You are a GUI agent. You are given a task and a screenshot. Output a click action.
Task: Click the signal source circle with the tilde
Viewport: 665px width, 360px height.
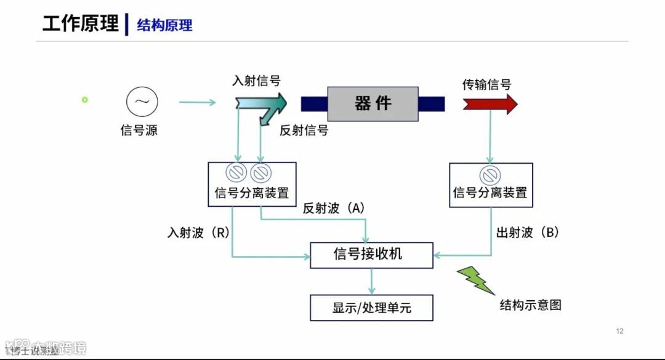[x=142, y=102]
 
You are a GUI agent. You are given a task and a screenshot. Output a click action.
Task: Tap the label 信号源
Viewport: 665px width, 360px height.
[x=139, y=130]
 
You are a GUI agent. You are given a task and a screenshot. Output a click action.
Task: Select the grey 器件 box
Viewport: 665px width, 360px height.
[x=373, y=103]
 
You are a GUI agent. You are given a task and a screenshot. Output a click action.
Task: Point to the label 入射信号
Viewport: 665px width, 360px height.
[x=256, y=81]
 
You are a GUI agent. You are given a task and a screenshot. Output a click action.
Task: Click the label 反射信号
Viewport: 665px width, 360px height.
[x=304, y=130]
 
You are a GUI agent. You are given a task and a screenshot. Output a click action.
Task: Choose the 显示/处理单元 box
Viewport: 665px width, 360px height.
[x=371, y=308]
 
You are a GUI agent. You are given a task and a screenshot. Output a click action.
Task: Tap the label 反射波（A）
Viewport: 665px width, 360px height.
[x=334, y=209]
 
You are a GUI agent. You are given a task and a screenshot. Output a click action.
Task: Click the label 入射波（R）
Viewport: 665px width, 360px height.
[x=198, y=233]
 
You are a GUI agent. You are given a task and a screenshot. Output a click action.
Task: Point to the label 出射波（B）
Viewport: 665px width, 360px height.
[x=528, y=233]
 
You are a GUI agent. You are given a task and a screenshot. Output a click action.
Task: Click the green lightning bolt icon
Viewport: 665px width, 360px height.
[x=475, y=280]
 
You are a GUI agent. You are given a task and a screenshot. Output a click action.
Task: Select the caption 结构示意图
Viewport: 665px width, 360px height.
[x=530, y=305]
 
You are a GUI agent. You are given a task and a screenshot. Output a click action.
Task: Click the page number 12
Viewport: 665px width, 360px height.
[x=619, y=331]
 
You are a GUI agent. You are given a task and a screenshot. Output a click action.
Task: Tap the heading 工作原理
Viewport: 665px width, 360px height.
[x=80, y=24]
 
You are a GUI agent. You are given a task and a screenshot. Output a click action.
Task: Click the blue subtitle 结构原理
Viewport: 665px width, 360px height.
[x=164, y=25]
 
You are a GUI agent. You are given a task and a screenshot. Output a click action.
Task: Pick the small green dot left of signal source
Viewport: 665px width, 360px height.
[x=85, y=100]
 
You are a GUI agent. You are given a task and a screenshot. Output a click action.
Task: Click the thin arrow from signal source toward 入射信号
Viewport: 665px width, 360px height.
[x=197, y=102]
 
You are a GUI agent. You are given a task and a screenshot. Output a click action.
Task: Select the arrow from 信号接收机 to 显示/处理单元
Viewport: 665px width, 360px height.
[x=371, y=281]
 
